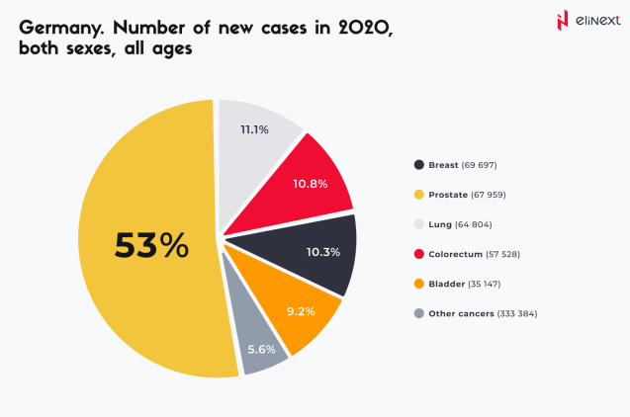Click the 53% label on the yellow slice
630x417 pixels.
[x=151, y=245]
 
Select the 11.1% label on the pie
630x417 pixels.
[x=255, y=129]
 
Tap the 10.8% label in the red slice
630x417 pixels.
[x=310, y=184]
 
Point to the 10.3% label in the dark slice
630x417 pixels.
[x=323, y=252]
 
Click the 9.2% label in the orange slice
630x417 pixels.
[x=301, y=311]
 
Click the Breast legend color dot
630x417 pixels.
[x=420, y=165]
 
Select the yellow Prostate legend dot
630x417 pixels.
[x=420, y=195]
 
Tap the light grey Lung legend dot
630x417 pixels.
[x=420, y=224]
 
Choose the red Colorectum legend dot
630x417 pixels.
[x=420, y=254]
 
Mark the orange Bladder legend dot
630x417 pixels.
[x=420, y=284]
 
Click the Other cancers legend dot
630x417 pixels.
[x=420, y=313]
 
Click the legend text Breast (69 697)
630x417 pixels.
[x=469, y=165]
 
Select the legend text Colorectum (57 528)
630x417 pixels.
[x=479, y=254]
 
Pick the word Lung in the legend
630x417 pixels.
[x=441, y=224]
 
